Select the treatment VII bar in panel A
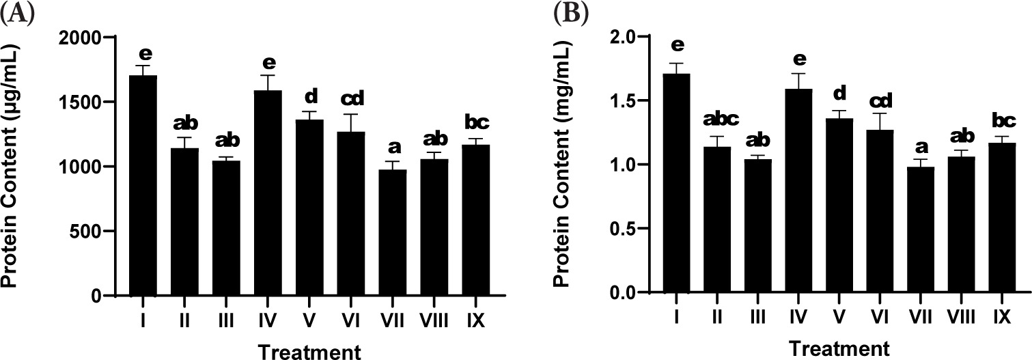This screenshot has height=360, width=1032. pos(392,232)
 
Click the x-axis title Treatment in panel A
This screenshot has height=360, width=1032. pos(309,350)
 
